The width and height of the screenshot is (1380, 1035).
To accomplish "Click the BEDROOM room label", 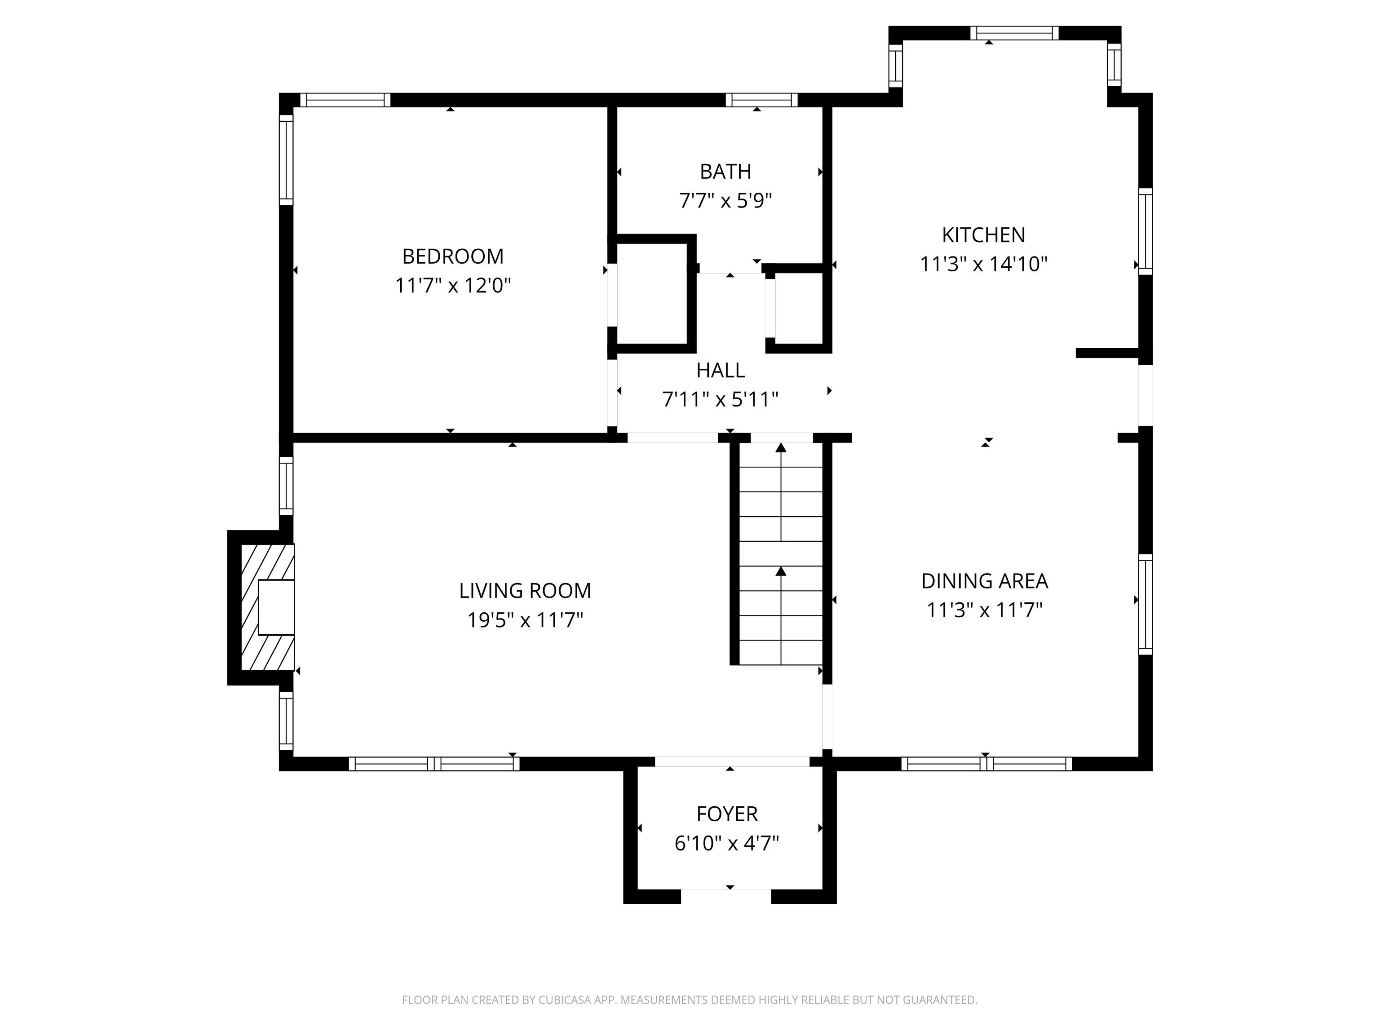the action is pos(453,257).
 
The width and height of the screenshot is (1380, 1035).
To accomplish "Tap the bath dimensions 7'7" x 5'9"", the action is pos(725,201).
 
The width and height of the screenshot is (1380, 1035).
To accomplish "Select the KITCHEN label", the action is pos(984,235).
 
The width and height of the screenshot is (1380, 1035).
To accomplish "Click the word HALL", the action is pos(721,371).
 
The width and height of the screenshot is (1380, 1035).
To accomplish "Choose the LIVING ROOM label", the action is pos(525,591).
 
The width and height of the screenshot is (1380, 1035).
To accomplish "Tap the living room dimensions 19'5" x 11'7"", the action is pos(525,620).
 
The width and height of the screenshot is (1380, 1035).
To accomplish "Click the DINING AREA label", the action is pos(985,581).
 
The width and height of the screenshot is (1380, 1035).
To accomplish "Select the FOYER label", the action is pos(727,814).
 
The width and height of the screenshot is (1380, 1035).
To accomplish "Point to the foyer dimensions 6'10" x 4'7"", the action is pos(727,844).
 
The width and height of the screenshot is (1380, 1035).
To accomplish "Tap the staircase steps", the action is pos(780,553).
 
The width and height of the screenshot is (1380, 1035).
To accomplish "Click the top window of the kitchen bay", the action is pos(1014,33).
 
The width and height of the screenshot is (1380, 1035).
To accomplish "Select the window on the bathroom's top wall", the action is pos(762,100).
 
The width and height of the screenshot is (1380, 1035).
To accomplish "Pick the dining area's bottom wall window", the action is pos(987,764).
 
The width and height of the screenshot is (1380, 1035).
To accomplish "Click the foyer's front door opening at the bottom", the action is pos(726,897).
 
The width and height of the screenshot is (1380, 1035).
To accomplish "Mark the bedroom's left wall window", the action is pos(286,160).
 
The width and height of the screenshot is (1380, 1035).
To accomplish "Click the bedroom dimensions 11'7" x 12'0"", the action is pos(453,286).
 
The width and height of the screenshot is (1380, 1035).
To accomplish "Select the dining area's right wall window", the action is pos(1146,604).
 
